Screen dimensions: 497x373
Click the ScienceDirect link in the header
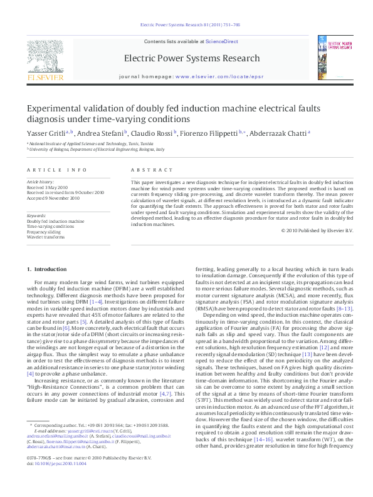pos(222,41)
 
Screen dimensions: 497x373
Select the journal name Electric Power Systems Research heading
pos(191,59)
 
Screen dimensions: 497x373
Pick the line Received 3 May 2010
pos(47,187)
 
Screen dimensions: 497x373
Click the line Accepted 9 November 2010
pos(53,198)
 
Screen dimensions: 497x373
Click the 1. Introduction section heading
pos(46,269)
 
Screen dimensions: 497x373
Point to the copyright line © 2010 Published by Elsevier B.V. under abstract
pos(318,230)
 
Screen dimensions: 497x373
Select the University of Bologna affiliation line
pos(96,150)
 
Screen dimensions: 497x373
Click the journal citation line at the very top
pos(186,26)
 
